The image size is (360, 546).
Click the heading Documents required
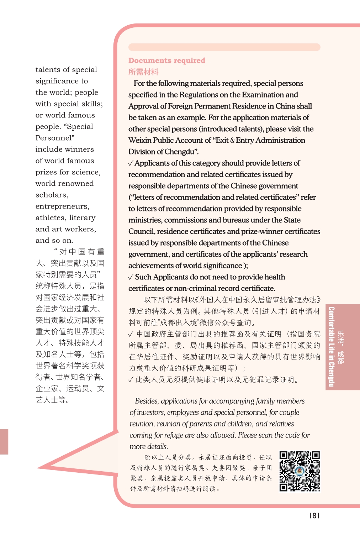click(167, 61)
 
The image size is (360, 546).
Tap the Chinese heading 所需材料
click(143, 72)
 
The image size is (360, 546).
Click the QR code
click(300, 471)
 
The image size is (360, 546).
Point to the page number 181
click(314, 515)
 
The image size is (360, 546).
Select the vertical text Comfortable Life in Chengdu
click(331, 347)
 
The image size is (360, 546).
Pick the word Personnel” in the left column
click(55, 138)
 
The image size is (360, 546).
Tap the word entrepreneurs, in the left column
click(63, 206)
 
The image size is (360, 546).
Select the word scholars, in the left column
click(52, 195)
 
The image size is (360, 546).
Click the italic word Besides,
click(147, 401)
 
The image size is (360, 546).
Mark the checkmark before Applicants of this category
click(131, 163)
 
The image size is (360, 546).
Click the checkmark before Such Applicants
click(131, 277)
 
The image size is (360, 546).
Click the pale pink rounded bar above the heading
click(224, 47)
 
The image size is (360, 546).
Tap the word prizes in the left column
click(46, 172)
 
